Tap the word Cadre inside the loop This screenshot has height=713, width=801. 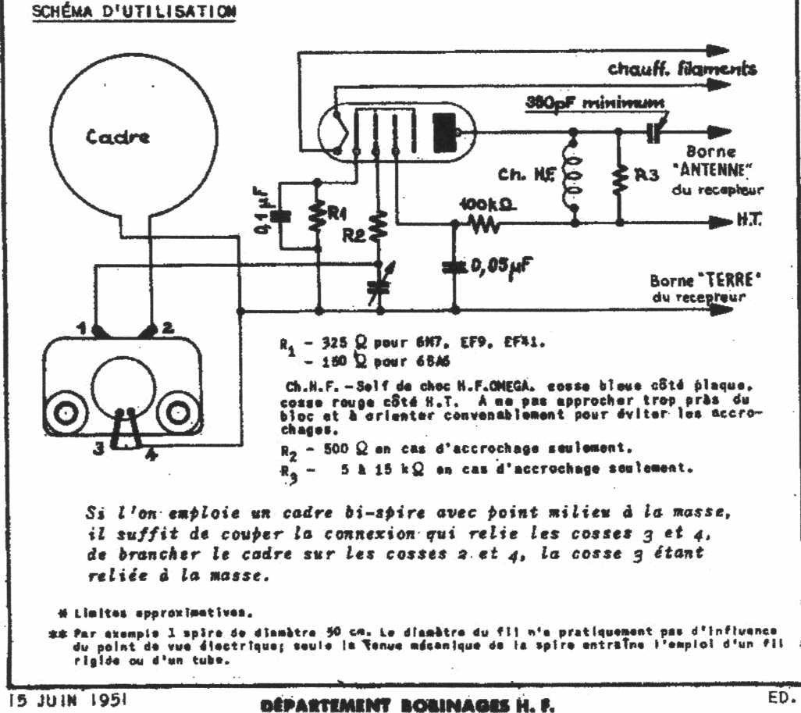pos(118,137)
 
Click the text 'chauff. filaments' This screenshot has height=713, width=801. pos(682,70)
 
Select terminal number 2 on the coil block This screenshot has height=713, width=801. pos(167,326)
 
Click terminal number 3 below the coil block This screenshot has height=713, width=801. pos(98,447)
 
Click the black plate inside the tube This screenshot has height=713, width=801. pos(443,132)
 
